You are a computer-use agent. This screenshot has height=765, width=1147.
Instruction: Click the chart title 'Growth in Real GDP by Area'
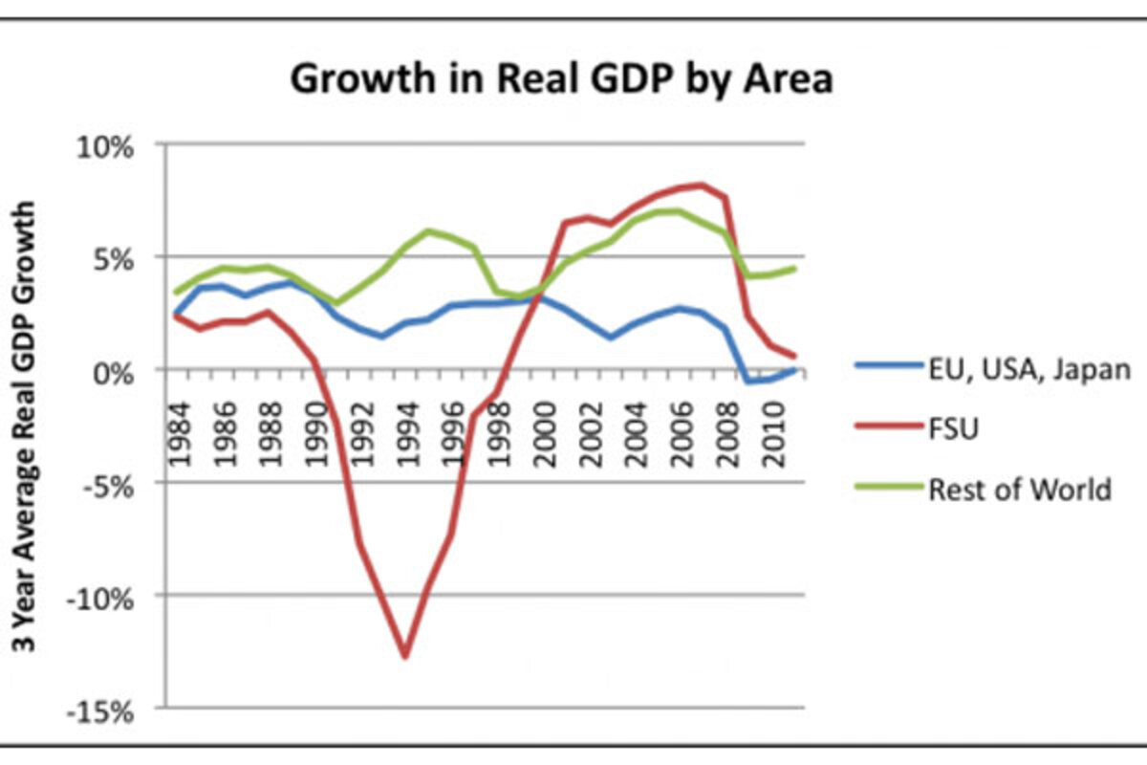click(x=561, y=79)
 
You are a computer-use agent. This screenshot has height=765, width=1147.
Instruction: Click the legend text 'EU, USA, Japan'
click(x=1028, y=370)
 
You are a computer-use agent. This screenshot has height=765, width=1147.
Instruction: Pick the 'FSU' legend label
click(x=953, y=430)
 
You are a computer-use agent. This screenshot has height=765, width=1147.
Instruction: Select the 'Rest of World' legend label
click(x=1019, y=490)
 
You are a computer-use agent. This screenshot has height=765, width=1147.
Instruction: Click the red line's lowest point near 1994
click(x=405, y=657)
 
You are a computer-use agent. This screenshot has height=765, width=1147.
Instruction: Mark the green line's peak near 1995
click(x=429, y=230)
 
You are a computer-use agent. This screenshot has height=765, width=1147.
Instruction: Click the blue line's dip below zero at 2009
click(x=748, y=382)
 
